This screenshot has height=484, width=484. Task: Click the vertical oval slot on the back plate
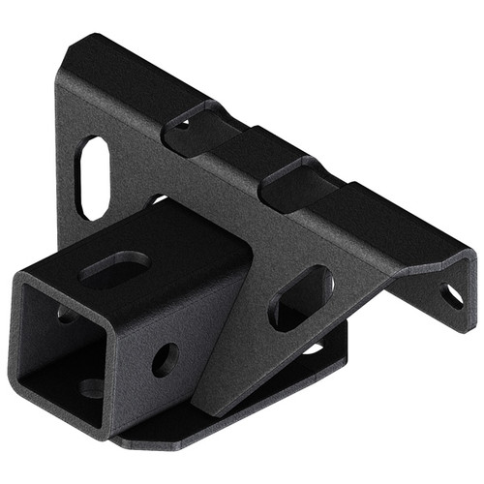coord(94,177)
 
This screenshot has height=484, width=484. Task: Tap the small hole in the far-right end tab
coord(452,294)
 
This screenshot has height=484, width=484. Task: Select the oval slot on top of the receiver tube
coord(114,266)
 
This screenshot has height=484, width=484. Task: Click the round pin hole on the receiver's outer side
coord(166,360)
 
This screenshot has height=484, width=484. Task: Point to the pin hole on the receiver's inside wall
coord(65,314)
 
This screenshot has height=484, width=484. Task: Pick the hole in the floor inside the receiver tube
coord(92,388)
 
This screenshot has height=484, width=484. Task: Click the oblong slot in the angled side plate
coord(300,298)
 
